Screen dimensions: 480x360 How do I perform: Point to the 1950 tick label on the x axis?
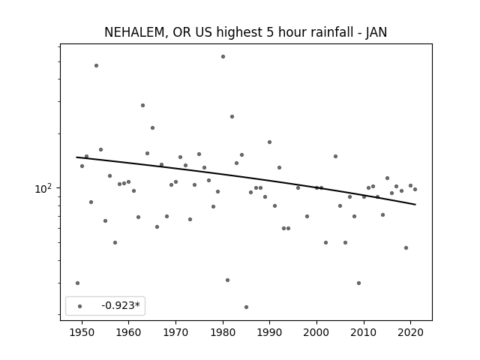82,332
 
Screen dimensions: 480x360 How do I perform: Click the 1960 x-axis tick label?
128,332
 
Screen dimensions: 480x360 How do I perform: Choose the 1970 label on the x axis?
175,332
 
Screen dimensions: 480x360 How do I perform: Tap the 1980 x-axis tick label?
223,332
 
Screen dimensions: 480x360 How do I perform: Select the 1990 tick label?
270,332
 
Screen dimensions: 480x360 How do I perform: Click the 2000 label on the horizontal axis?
316,332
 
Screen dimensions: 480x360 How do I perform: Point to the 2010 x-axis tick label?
364,332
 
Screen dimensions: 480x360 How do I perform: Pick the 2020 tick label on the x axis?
411,332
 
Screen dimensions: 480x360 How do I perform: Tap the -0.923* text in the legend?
121,305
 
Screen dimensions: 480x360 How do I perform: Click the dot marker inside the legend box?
80,306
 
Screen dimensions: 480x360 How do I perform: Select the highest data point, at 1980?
223,57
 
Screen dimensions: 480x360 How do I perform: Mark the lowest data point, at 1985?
247,307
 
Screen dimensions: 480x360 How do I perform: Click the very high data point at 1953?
97,65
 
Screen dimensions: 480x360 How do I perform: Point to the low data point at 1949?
77,283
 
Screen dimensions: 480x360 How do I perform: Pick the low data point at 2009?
358,283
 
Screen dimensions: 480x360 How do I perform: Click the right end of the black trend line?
415,205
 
